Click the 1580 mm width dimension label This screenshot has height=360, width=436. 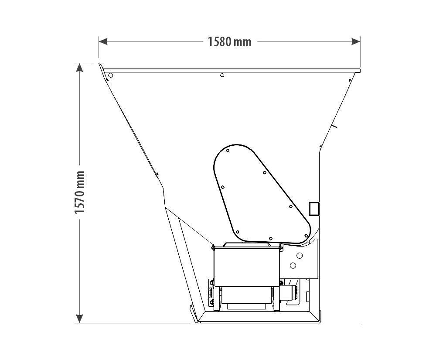[x=230, y=42]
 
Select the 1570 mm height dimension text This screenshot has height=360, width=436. [x=80, y=192]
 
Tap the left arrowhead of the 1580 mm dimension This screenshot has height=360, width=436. [x=103, y=42]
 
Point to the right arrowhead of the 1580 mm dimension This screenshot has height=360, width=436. [x=356, y=42]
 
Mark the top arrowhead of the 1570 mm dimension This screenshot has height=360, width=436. [x=79, y=68]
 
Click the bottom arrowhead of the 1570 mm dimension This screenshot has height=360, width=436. [x=79, y=319]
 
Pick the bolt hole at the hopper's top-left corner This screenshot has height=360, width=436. [x=110, y=75]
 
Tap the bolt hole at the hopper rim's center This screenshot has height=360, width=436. [x=222, y=75]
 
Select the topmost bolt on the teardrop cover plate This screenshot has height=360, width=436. [x=228, y=151]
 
